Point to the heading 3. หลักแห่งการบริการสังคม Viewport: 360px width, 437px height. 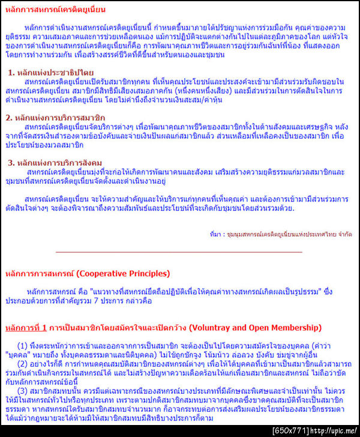(55, 163)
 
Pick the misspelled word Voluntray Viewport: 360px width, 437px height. (209, 328)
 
